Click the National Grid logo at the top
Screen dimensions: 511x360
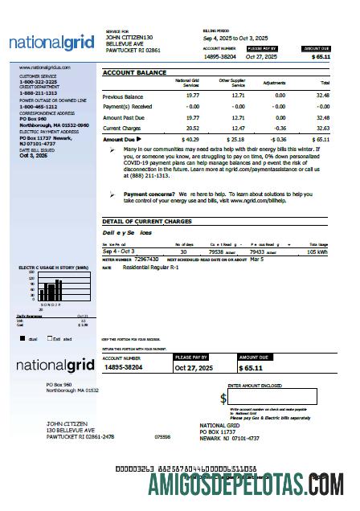click(49, 42)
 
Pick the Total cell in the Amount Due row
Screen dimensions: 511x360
click(321, 139)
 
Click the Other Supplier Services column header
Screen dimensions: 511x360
click(232, 83)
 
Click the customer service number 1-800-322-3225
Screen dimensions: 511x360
click(38, 82)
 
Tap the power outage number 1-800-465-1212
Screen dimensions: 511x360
click(38, 106)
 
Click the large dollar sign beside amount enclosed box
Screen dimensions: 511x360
click(223, 398)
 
